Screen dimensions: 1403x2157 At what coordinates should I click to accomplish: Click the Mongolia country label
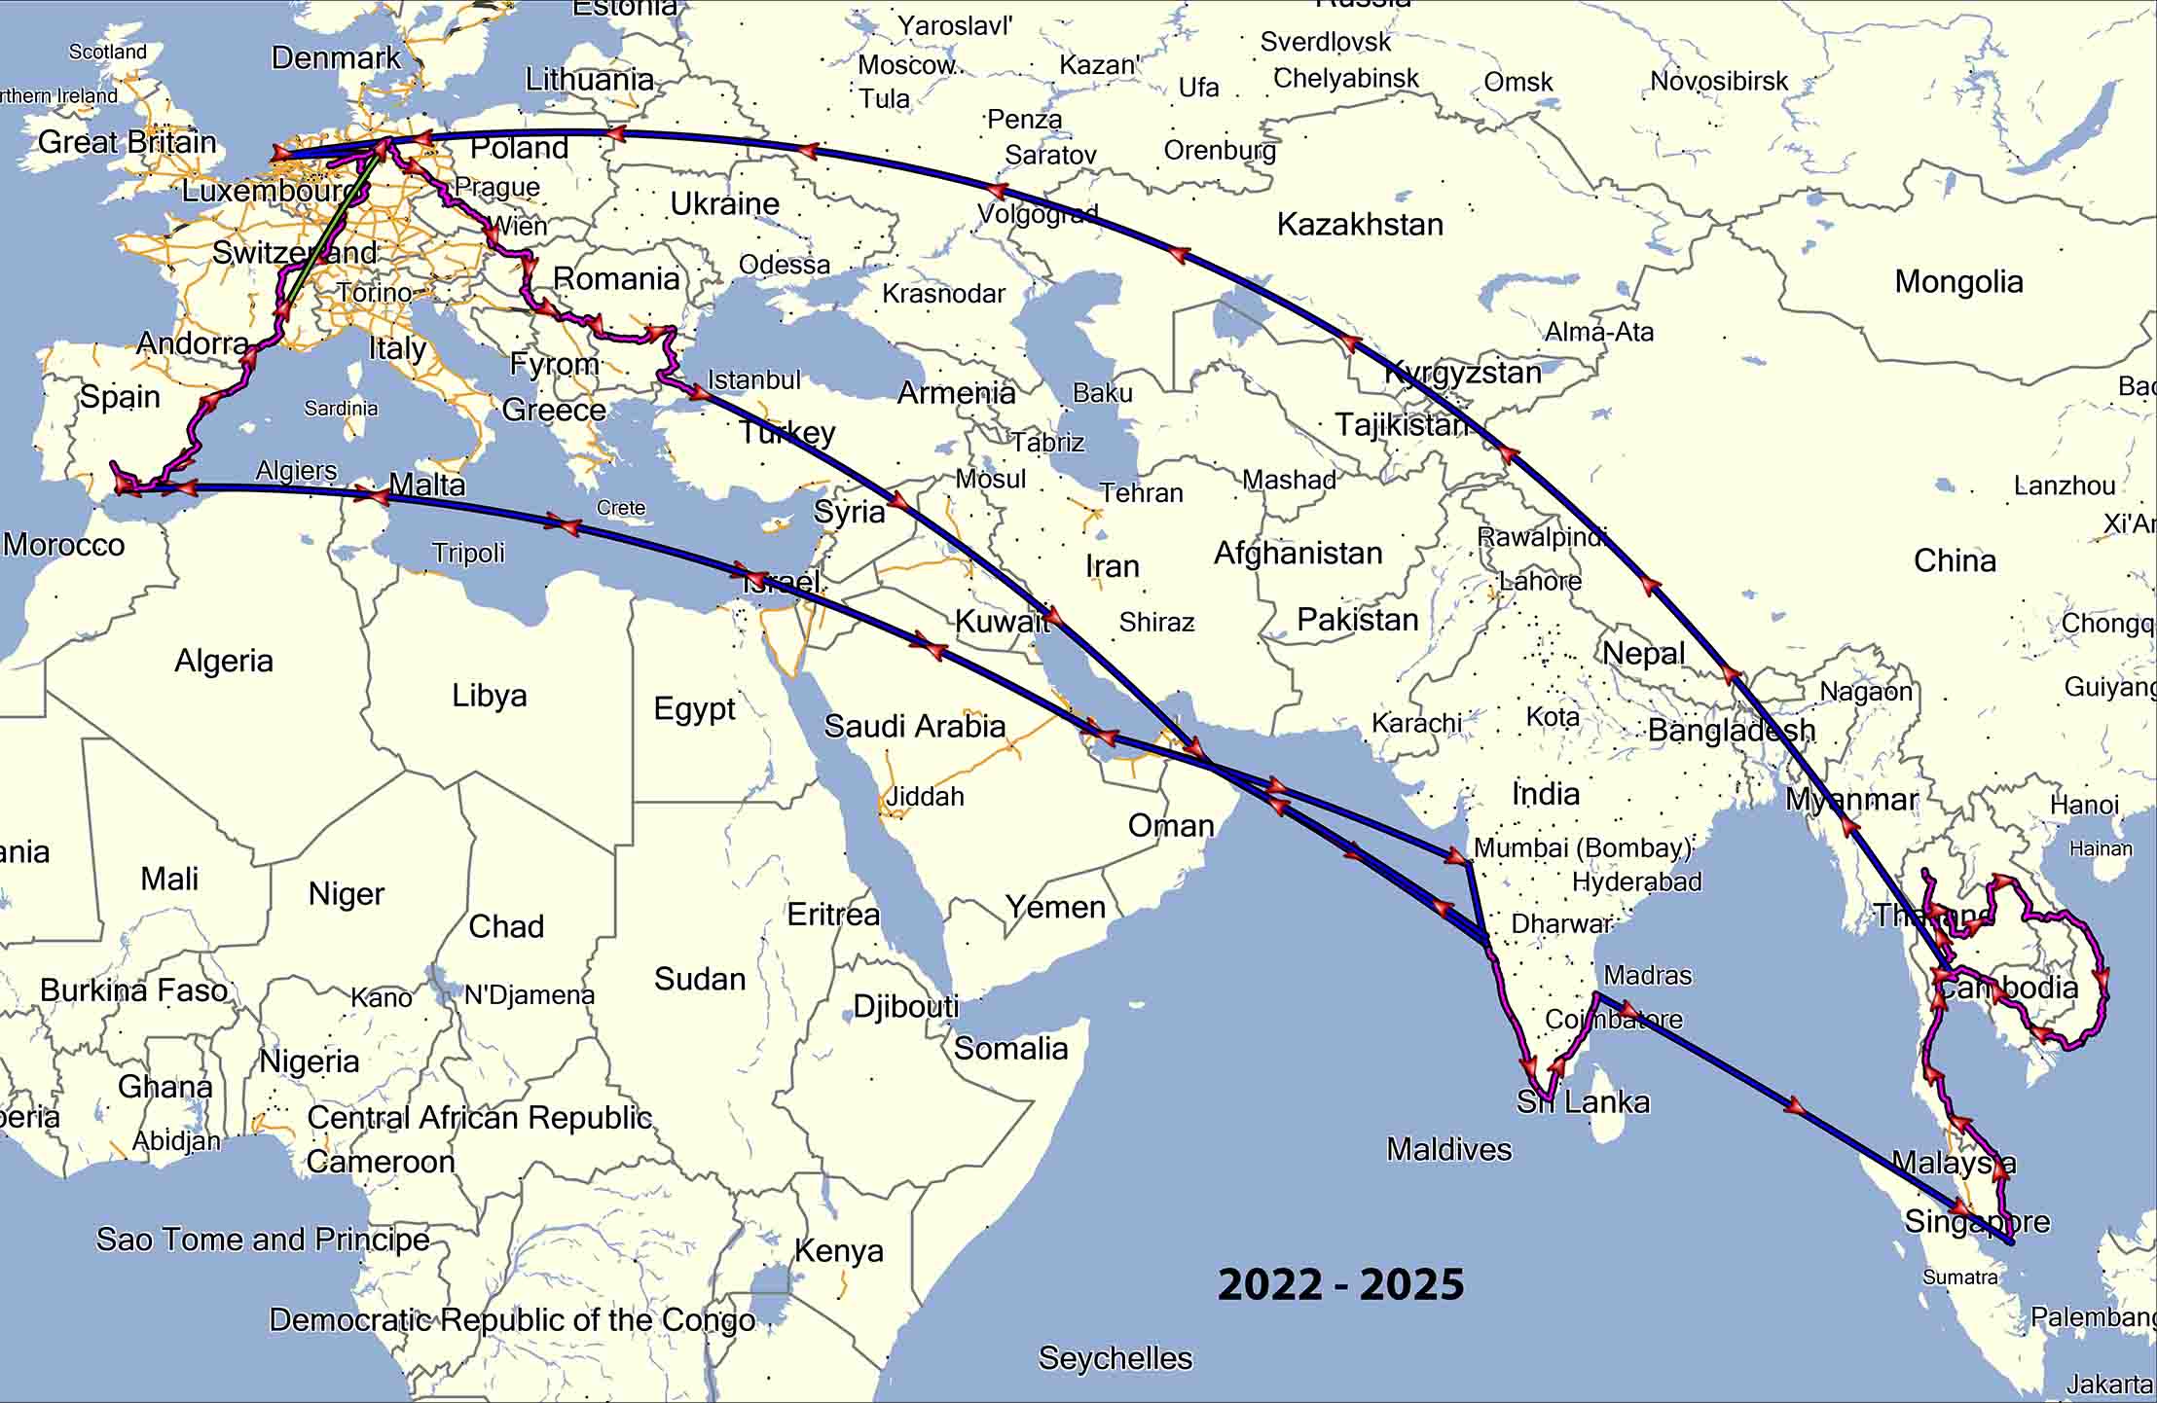tap(1958, 282)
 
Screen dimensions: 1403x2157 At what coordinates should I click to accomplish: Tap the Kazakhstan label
tap(1360, 225)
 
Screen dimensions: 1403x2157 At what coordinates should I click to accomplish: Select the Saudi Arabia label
tap(914, 726)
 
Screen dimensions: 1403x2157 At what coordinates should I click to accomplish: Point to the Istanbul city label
tap(753, 379)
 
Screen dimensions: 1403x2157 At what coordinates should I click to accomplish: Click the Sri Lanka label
tap(1583, 1102)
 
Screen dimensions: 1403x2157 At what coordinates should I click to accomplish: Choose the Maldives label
tap(1448, 1149)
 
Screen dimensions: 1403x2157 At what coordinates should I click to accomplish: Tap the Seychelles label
tap(1115, 1358)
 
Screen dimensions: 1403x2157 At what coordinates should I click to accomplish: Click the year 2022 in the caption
tap(1271, 1285)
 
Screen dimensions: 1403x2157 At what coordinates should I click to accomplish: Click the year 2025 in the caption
tap(1411, 1285)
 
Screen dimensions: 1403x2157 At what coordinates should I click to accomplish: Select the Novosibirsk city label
tap(1719, 81)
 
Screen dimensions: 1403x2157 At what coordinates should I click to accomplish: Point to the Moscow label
tap(906, 65)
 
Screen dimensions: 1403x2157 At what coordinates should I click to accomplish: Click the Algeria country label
tap(223, 662)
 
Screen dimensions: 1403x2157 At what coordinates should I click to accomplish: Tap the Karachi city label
tap(1416, 723)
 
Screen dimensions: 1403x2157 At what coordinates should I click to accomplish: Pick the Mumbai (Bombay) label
tap(1583, 848)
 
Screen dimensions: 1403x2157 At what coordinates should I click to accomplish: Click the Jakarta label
tap(2110, 1384)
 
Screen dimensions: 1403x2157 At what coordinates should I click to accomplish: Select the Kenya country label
tap(839, 1250)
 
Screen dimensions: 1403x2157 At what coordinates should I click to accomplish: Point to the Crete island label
tap(621, 508)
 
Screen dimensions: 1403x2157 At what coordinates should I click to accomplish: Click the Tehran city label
tap(1141, 493)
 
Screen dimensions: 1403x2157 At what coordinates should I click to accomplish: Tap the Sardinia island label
tap(341, 409)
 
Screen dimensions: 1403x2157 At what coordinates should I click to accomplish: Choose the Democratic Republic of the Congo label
tap(512, 1320)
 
